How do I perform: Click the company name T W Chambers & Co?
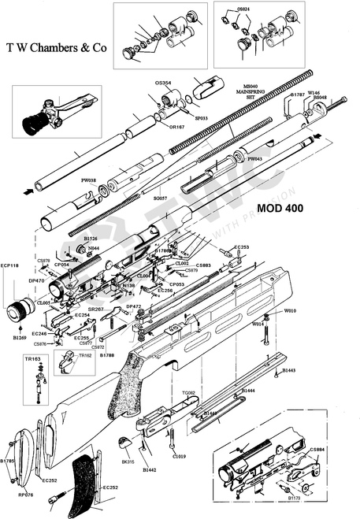pos(56,48)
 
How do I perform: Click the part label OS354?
pos(163,83)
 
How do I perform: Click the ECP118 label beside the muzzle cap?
pos(11,265)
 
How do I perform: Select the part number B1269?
pos(20,337)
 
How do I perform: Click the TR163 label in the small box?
pos(32,359)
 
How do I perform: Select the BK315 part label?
pos(128,461)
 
